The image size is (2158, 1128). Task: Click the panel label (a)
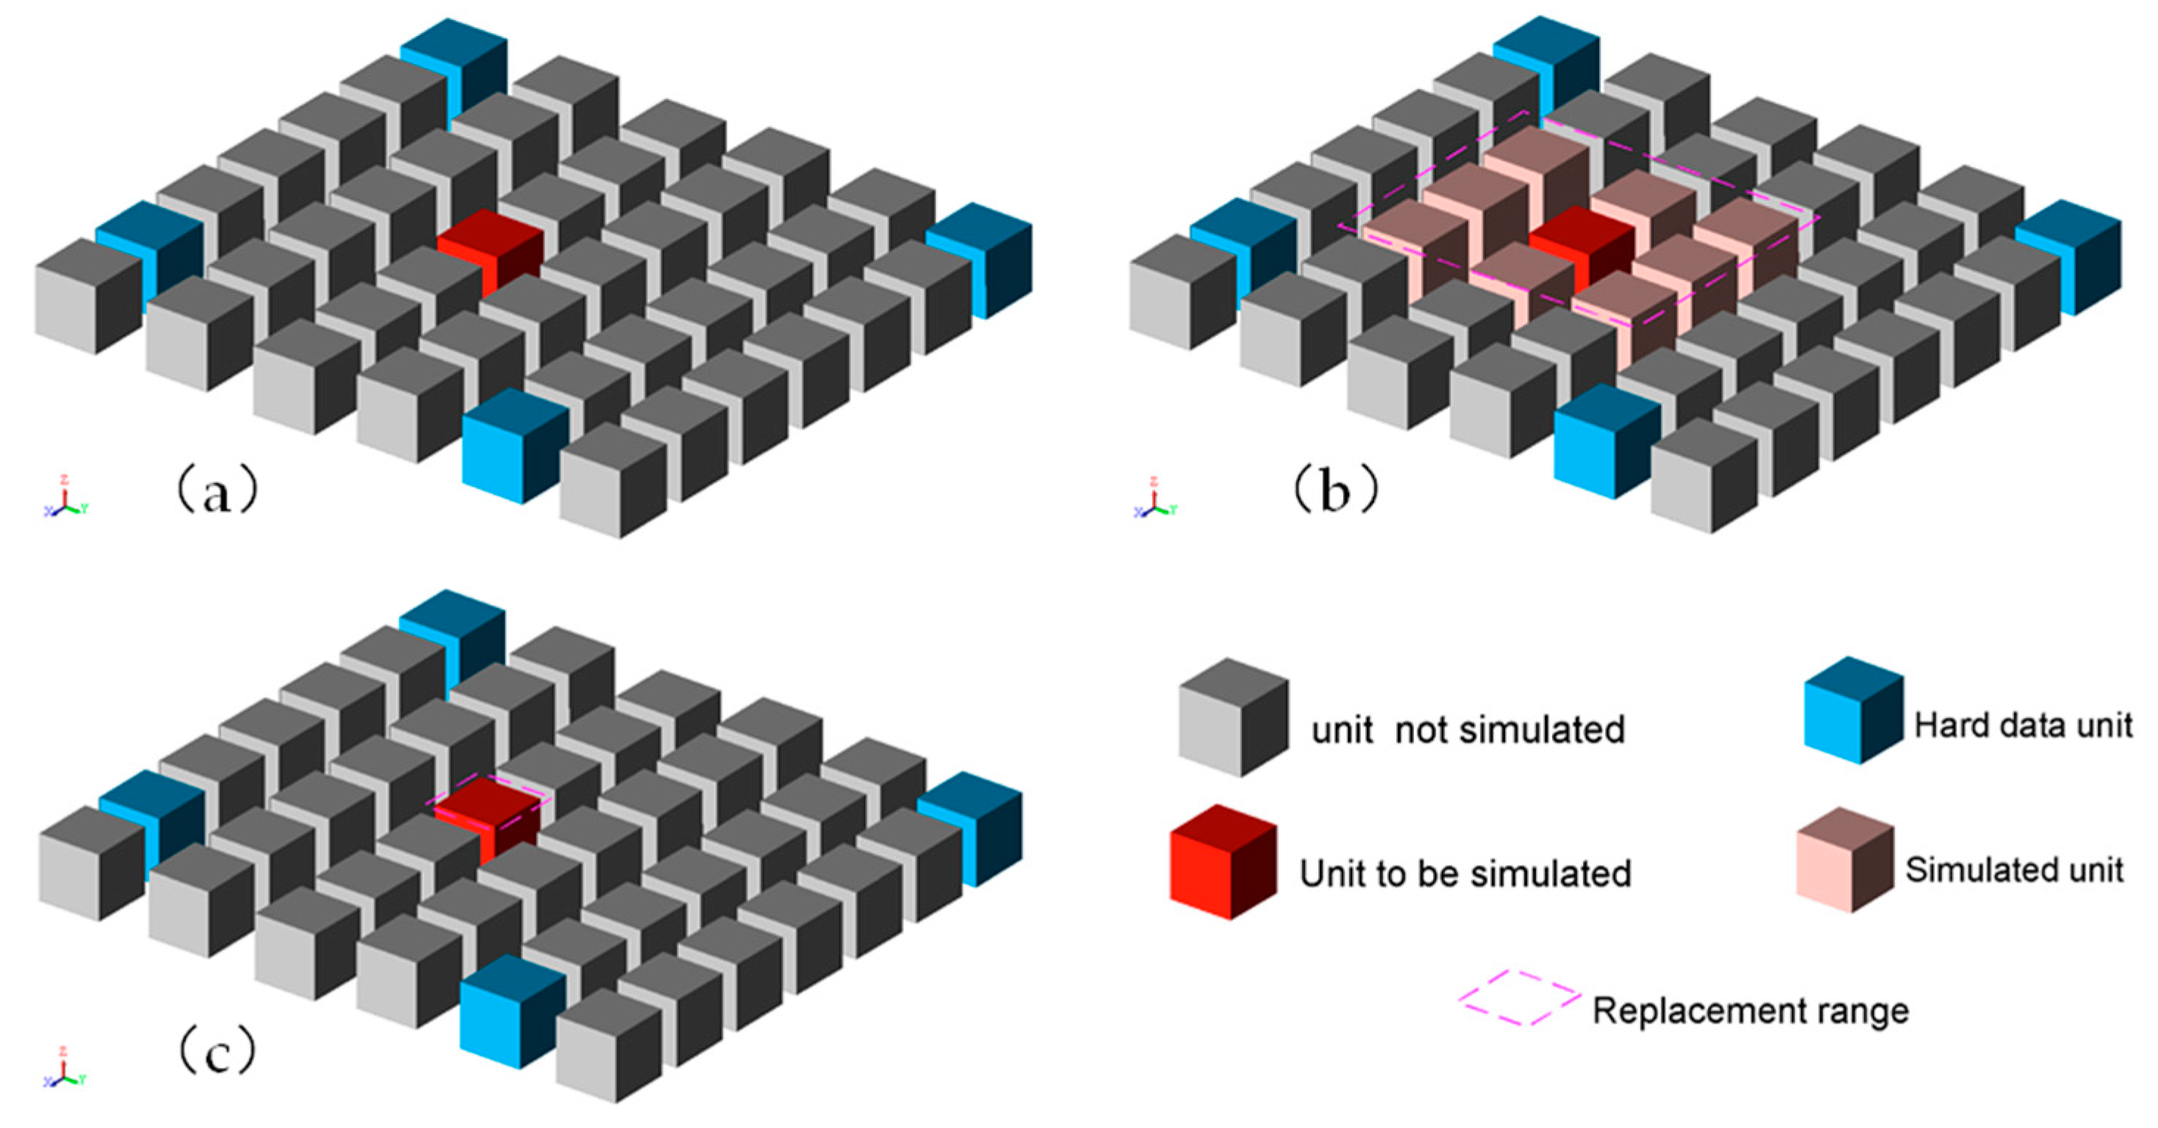[216, 491]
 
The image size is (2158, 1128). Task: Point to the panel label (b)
[1335, 491]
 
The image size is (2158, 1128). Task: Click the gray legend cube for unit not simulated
[1233, 718]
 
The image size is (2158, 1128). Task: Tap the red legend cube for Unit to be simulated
[1223, 863]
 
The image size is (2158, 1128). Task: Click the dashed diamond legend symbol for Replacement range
[1519, 998]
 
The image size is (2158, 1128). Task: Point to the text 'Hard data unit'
[2022, 725]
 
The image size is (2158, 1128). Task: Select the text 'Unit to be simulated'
[1465, 874]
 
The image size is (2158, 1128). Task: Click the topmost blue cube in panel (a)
[455, 67]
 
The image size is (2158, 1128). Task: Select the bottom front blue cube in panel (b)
[1606, 443]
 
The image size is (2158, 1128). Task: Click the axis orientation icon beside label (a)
[65, 497]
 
